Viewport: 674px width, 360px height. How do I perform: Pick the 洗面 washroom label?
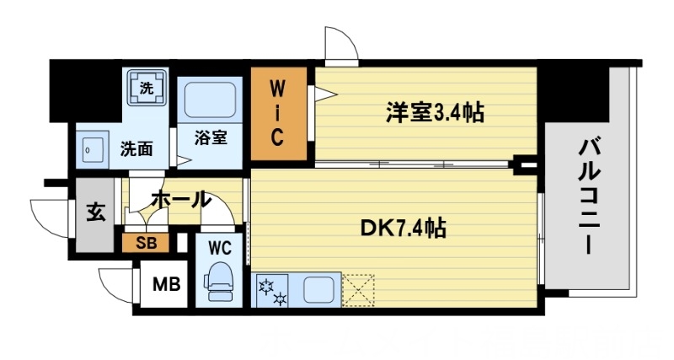(136, 149)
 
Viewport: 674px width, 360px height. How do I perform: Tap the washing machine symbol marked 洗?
(147, 88)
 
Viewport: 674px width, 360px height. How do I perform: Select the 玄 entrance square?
(95, 212)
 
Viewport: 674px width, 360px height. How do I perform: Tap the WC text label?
(221, 248)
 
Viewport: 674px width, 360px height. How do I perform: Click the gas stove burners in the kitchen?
(275, 290)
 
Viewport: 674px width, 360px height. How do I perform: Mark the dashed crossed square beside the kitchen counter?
(359, 288)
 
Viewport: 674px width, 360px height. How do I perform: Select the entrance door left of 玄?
(51, 215)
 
